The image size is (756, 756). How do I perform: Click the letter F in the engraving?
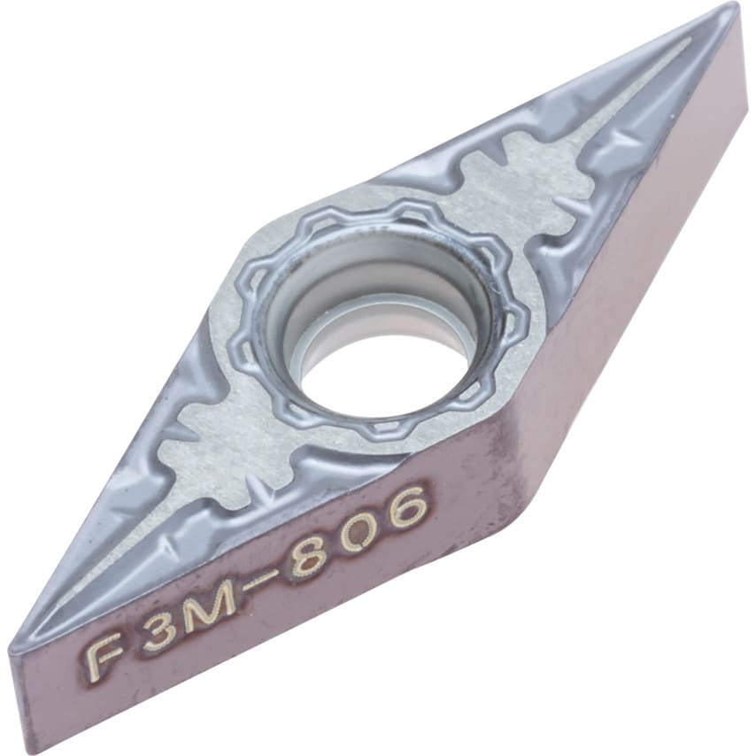click(x=101, y=655)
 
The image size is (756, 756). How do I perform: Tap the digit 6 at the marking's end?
click(x=407, y=505)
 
